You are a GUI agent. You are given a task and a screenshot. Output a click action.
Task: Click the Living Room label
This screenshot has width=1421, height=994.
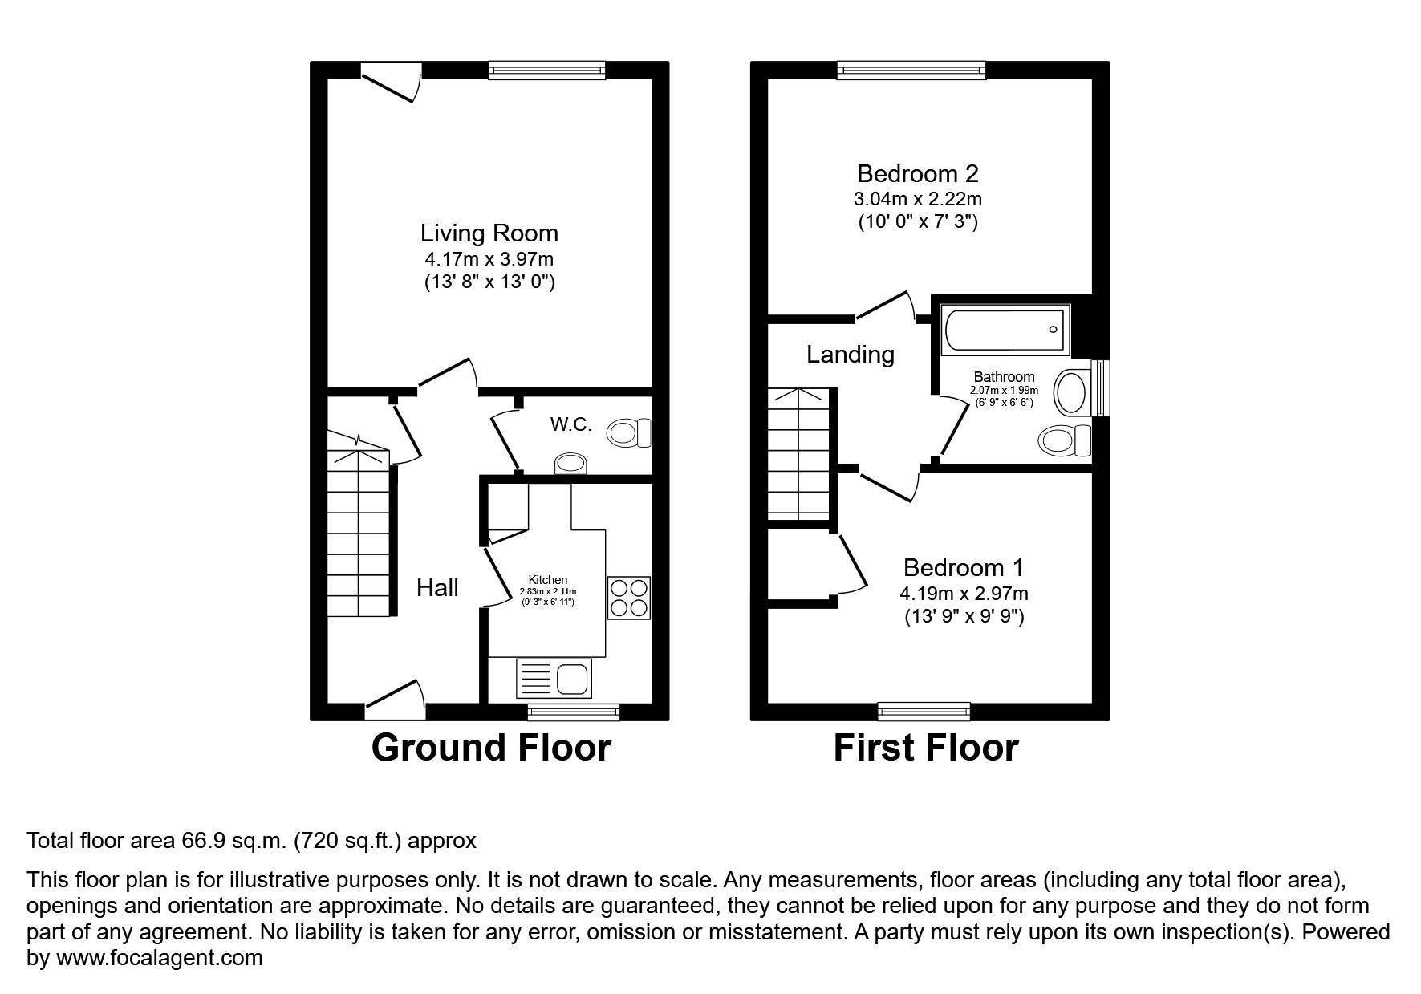(489, 233)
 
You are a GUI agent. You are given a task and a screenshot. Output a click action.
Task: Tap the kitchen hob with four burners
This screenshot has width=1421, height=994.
(628, 598)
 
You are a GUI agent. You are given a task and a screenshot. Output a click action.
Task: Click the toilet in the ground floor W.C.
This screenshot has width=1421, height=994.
(629, 434)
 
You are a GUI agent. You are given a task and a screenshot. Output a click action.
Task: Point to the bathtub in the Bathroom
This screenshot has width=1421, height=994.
(1007, 330)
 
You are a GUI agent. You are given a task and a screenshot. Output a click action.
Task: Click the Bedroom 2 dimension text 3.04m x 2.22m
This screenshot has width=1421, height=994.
(918, 199)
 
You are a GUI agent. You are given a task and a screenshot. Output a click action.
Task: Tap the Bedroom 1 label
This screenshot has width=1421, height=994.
(964, 568)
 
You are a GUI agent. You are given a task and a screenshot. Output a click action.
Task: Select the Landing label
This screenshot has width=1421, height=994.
(850, 355)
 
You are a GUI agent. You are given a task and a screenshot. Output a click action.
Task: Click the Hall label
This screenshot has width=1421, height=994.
(437, 588)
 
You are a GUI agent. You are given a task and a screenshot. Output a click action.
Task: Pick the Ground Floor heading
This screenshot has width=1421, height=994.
(490, 748)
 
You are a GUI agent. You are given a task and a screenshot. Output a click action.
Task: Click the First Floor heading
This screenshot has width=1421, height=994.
(925, 748)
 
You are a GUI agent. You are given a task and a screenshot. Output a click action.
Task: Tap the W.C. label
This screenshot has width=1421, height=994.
(570, 424)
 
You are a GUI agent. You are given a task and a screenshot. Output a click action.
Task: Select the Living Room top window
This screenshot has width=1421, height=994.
(546, 71)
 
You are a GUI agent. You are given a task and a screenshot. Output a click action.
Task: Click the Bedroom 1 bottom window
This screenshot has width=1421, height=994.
(924, 711)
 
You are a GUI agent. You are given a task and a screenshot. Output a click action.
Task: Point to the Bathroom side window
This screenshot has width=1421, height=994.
(1101, 388)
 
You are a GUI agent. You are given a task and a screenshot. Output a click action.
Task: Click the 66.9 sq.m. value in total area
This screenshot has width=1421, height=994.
(233, 841)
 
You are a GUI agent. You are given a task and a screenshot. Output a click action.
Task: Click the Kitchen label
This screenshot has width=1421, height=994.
(548, 580)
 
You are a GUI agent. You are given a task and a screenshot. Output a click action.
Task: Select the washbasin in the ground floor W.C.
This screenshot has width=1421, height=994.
(570, 464)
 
